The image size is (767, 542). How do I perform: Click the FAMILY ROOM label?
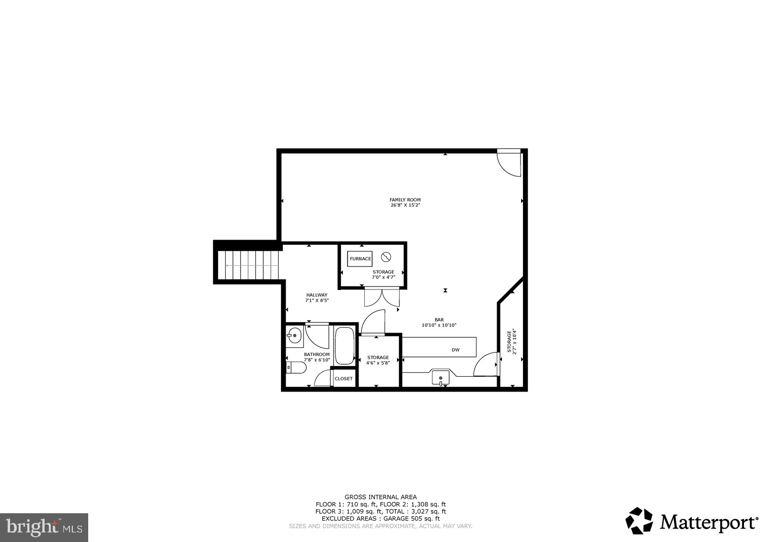[x=405, y=199]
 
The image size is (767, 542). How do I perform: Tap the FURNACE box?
[x=360, y=259]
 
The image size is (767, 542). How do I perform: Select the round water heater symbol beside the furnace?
[x=386, y=257]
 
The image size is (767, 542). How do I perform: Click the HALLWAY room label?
[x=317, y=295]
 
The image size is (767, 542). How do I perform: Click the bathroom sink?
[x=294, y=336]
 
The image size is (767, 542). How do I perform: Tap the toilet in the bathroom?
[x=296, y=368]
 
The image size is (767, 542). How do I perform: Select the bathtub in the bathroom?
[x=344, y=346]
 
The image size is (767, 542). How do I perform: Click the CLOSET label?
[x=343, y=379]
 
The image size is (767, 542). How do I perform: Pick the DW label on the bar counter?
[x=455, y=350]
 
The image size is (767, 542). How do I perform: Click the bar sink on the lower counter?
[x=441, y=377]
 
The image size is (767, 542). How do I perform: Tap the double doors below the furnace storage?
[x=382, y=297]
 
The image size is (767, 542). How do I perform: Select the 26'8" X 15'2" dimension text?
[x=405, y=205]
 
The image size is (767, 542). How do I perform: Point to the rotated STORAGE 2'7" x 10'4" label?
[x=511, y=341]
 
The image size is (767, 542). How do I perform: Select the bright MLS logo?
[x=44, y=528]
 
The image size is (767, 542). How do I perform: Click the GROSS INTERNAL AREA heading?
[x=381, y=497]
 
